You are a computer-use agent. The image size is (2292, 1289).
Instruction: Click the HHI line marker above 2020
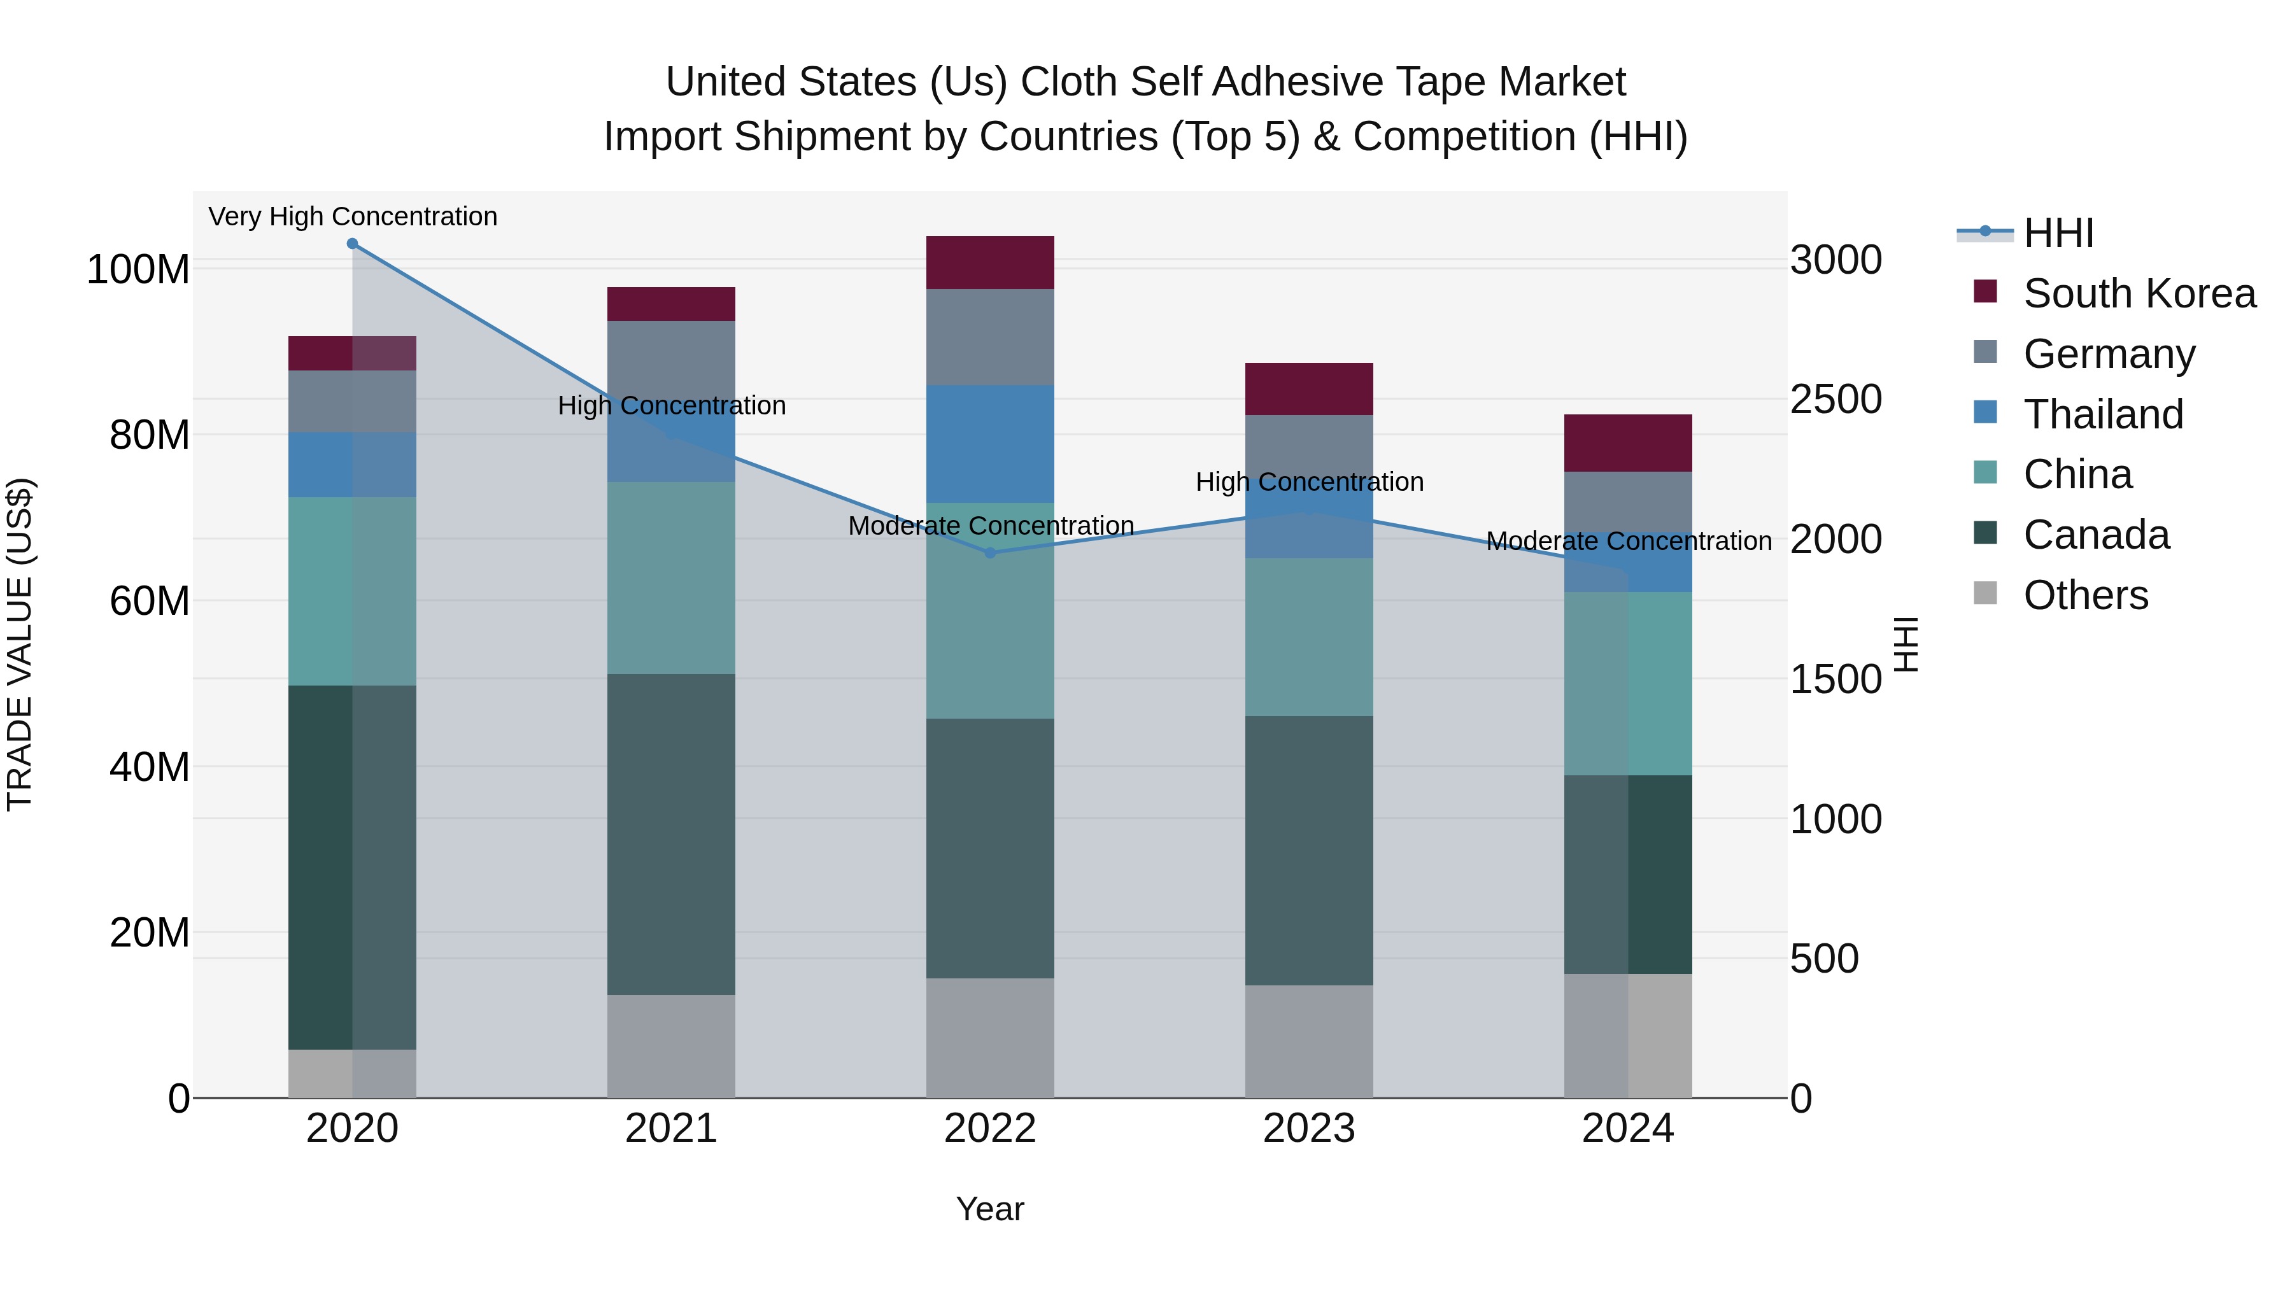point(352,244)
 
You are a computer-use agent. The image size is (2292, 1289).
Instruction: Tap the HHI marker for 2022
point(990,553)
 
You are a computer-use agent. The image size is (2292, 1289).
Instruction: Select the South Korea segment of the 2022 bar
point(990,262)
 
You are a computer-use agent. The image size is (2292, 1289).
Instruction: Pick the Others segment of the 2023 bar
point(1309,1041)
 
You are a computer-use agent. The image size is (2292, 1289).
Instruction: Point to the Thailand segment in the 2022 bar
point(990,444)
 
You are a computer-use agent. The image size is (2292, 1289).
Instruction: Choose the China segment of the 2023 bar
point(1309,637)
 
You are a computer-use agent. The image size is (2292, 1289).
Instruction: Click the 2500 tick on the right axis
point(1835,399)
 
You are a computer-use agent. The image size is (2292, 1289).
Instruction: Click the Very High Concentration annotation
point(352,216)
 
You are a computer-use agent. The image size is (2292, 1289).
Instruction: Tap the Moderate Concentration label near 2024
point(1628,541)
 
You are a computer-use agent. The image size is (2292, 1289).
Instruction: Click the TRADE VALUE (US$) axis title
point(20,644)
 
